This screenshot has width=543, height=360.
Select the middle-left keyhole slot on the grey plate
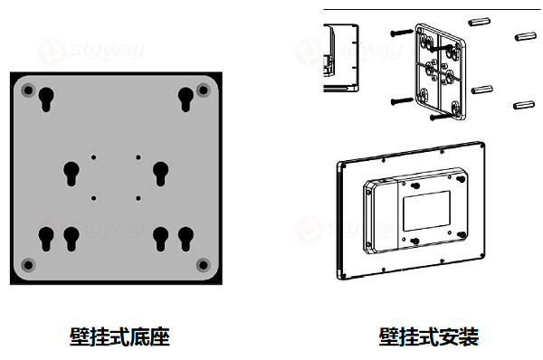pos(71,170)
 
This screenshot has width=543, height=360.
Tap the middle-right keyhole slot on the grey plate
pos(162,170)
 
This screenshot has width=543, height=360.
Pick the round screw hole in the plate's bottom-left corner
pos(27,264)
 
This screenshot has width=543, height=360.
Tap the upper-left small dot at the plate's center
pos(93,156)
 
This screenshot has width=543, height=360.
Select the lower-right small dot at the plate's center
pos(138,197)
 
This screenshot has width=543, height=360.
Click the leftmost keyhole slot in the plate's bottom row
pos(47,239)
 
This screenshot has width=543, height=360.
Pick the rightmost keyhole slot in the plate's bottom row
pos(186,239)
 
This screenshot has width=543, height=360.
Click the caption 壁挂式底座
pos(119,337)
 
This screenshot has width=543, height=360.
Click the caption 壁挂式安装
pos(428,337)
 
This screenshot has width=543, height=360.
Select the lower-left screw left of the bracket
pos(400,99)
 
